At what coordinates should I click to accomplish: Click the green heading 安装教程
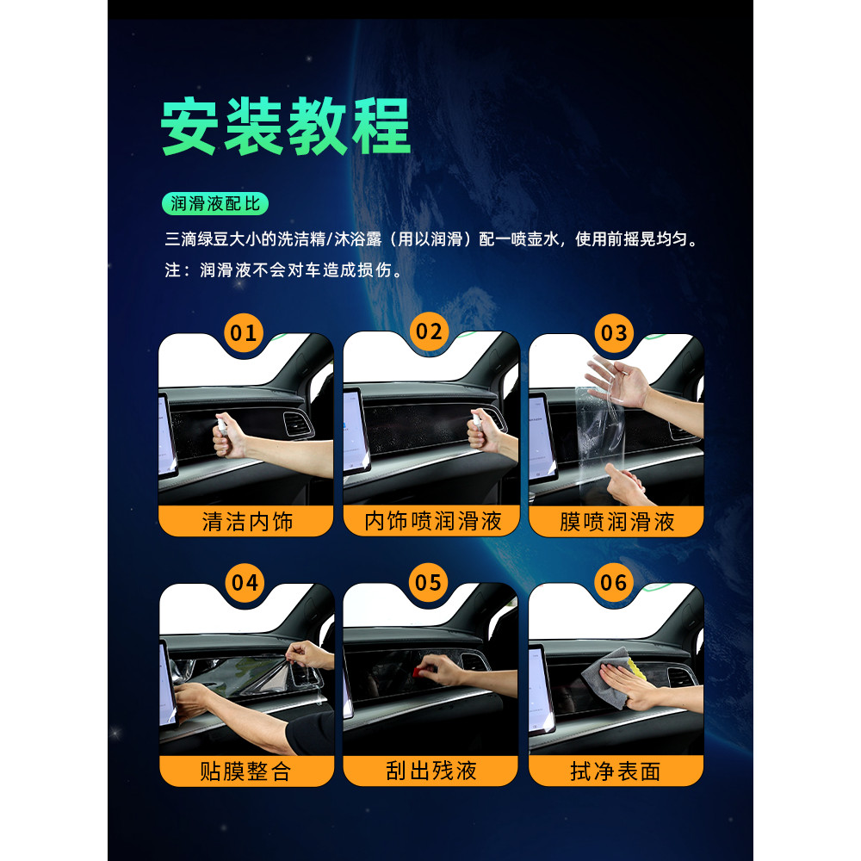click(x=286, y=127)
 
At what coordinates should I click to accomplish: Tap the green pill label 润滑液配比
click(x=215, y=204)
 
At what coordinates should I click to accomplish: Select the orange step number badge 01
click(x=244, y=332)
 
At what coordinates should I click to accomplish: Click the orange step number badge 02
click(x=429, y=331)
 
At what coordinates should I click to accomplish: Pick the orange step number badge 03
click(x=614, y=332)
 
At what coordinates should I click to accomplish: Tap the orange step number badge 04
click(x=245, y=582)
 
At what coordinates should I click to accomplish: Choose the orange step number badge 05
click(x=428, y=582)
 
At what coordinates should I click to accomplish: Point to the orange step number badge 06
click(x=614, y=582)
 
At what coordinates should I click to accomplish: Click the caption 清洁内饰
click(x=247, y=522)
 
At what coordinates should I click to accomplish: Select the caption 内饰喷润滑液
click(x=433, y=521)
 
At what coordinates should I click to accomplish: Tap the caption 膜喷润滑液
click(x=616, y=522)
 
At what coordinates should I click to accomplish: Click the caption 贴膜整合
click(x=245, y=771)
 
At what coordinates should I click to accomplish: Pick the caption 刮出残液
click(x=431, y=771)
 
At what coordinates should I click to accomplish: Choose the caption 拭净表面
click(x=616, y=771)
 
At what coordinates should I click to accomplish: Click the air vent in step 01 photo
click(x=298, y=424)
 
